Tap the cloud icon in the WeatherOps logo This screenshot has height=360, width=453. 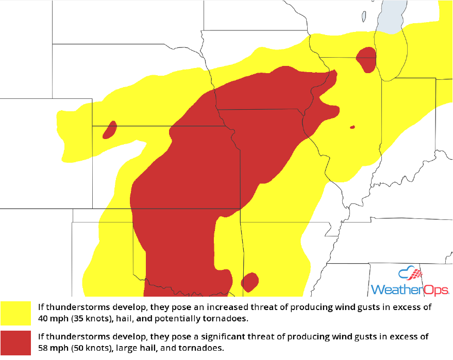click(411, 273)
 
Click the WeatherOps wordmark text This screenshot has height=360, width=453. click(410, 289)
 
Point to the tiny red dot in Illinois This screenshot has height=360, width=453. click(353, 127)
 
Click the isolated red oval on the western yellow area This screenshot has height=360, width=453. click(109, 130)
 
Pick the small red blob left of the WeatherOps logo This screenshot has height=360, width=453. click(249, 281)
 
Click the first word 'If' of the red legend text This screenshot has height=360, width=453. click(41, 337)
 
